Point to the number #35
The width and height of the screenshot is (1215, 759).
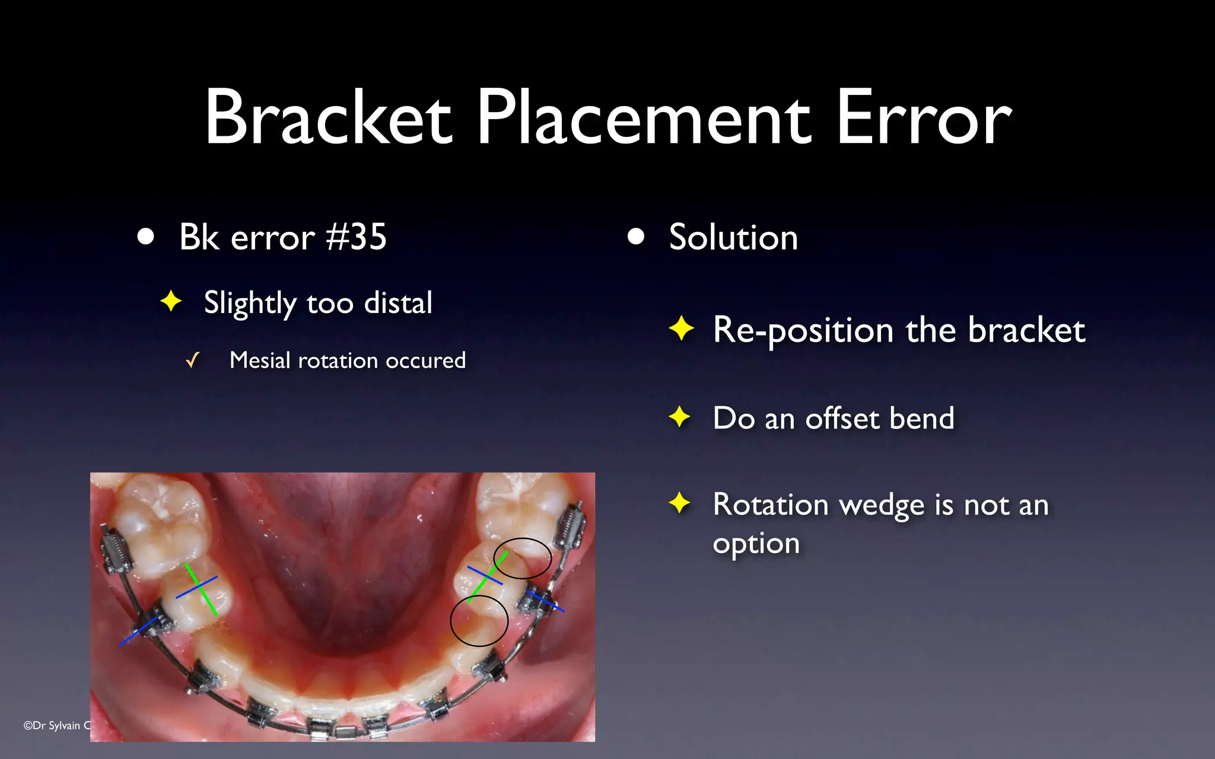(x=357, y=237)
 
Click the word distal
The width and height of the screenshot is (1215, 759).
(x=398, y=303)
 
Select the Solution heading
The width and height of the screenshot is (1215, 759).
(x=733, y=237)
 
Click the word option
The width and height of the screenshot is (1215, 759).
(x=756, y=544)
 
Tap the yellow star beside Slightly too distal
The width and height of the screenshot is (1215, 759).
(x=171, y=301)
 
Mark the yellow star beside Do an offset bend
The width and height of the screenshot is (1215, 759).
(x=680, y=417)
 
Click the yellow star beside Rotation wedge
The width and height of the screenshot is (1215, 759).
(x=680, y=503)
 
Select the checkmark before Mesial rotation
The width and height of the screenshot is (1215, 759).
(x=192, y=360)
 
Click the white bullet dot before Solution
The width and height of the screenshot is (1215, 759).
(x=636, y=237)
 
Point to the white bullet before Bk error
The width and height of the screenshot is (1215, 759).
(x=145, y=237)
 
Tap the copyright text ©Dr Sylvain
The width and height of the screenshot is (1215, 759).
(x=56, y=725)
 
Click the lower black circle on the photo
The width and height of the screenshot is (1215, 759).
(x=479, y=621)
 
